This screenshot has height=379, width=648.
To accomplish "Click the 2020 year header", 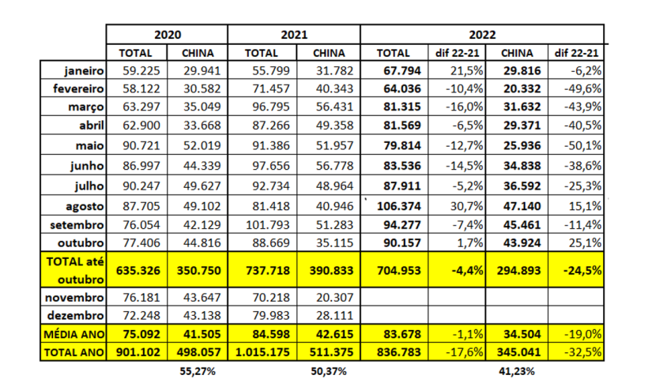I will pyautogui.click(x=167, y=35).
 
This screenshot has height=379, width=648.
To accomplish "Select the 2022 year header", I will pyautogui.click(x=482, y=35).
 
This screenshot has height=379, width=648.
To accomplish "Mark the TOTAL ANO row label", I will pyautogui.click(x=74, y=351).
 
